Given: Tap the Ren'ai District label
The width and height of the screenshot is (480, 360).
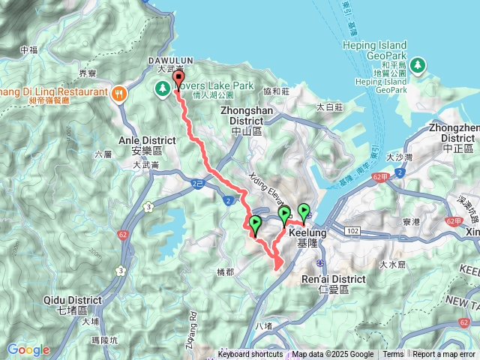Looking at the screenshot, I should click(x=331, y=279).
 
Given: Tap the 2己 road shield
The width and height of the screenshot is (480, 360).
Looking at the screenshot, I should click(x=197, y=182).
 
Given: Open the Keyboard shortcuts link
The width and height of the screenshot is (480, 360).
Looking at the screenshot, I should click(x=250, y=355).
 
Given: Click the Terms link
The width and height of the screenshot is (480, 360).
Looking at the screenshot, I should click(x=393, y=355).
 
